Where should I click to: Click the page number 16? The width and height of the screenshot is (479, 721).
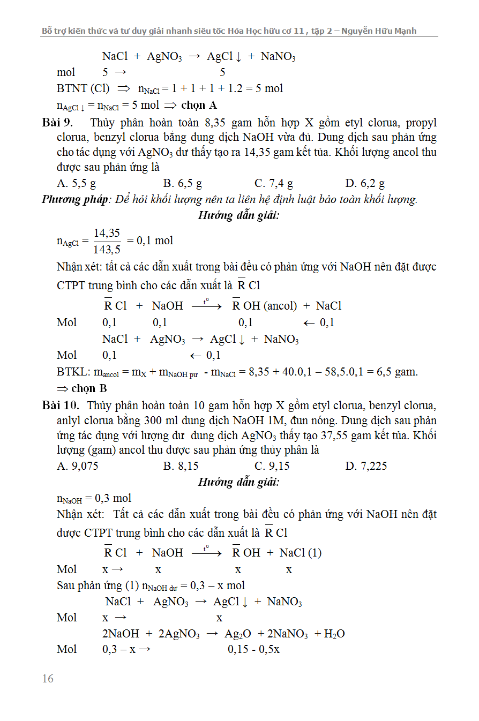click(x=48, y=679)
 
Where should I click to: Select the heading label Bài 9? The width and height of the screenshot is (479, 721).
click(x=57, y=123)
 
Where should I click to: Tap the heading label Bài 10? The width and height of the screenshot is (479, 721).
click(x=61, y=405)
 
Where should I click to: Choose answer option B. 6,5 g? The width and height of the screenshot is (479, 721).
click(x=183, y=184)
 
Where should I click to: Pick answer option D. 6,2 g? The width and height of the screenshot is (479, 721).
click(x=365, y=184)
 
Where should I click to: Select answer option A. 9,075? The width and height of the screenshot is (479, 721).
click(x=78, y=466)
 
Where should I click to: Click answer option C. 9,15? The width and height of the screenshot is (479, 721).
click(x=272, y=466)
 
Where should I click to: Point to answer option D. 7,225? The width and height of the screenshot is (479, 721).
click(x=366, y=466)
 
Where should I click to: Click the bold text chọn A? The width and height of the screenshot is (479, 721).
click(x=199, y=105)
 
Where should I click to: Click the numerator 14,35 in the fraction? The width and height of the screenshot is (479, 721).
click(x=107, y=233)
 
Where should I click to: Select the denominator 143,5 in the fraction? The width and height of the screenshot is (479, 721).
click(x=107, y=249)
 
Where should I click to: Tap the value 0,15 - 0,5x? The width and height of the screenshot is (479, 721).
click(x=253, y=649)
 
